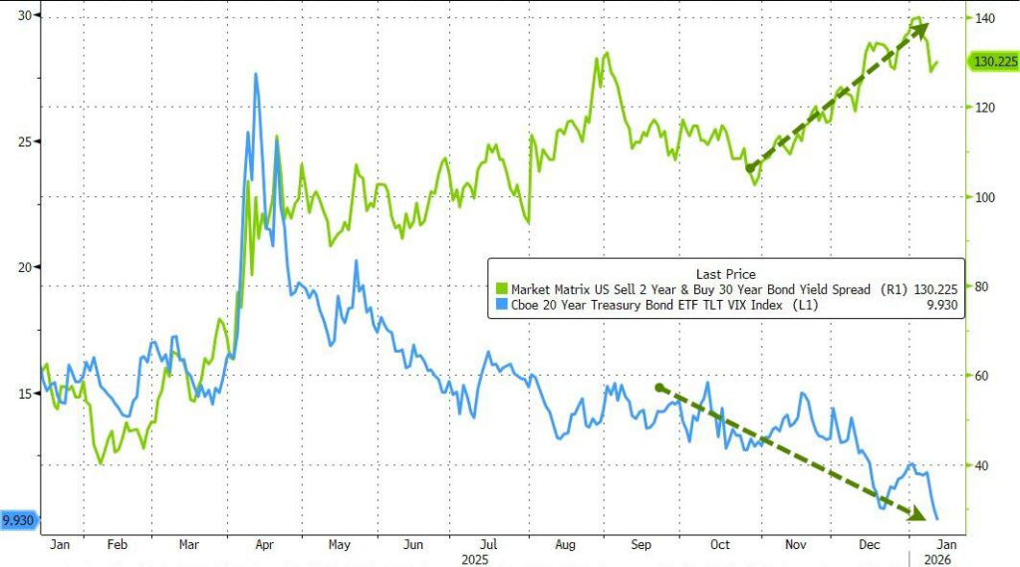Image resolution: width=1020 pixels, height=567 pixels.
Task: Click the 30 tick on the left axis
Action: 23,16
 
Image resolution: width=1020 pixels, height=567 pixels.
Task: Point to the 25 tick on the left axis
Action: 23,142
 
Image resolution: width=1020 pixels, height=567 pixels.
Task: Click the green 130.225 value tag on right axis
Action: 993,61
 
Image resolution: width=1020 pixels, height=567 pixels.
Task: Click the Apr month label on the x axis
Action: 265,545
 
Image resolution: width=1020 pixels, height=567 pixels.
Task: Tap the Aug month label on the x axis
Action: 564,545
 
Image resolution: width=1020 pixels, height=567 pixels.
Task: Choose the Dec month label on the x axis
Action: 870,545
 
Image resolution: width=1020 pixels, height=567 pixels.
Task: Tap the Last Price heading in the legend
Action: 725,273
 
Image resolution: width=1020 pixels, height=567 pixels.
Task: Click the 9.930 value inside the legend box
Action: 941,305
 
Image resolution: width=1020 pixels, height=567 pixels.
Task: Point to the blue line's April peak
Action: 256,74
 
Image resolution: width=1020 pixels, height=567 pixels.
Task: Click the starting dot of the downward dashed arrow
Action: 658,387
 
